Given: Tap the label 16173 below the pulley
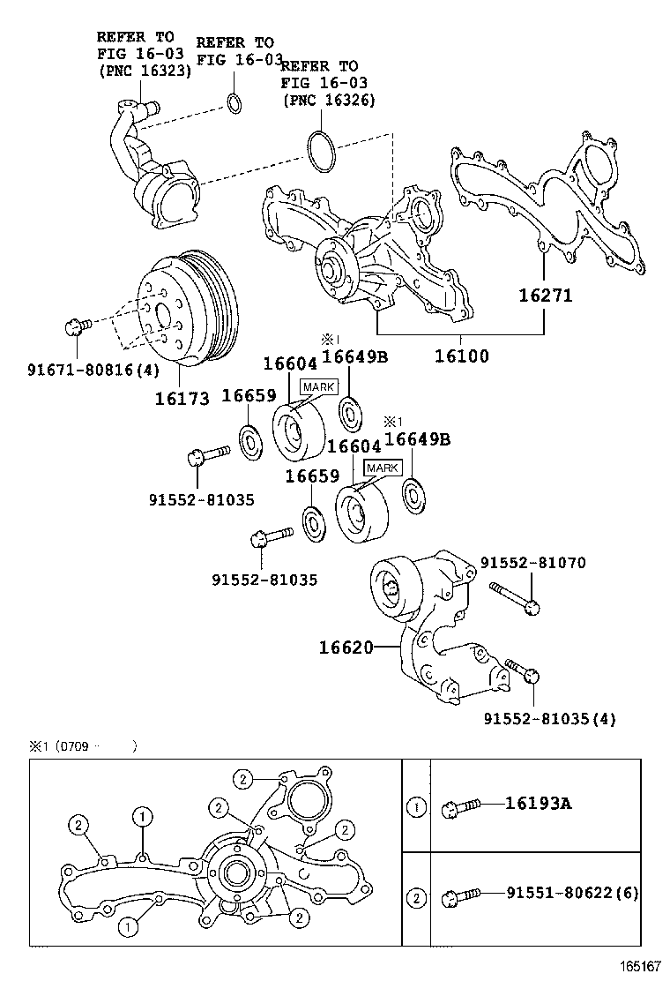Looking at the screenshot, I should pyautogui.click(x=182, y=399).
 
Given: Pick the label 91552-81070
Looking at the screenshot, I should pyautogui.click(x=533, y=563).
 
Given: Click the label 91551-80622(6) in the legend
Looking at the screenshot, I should pyautogui.click(x=571, y=894).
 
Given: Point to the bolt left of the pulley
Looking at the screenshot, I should pyautogui.click(x=74, y=327).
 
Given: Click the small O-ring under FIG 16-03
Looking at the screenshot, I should pyautogui.click(x=234, y=103).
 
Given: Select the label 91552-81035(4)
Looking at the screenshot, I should pyautogui.click(x=549, y=719).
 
